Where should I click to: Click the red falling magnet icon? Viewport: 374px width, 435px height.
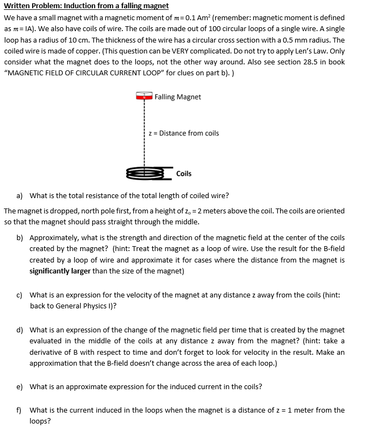point(144,97)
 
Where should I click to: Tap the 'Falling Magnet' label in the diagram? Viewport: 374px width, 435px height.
point(177,97)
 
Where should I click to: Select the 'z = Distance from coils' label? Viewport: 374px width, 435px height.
point(185,133)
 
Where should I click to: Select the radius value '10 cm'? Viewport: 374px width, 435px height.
point(87,40)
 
